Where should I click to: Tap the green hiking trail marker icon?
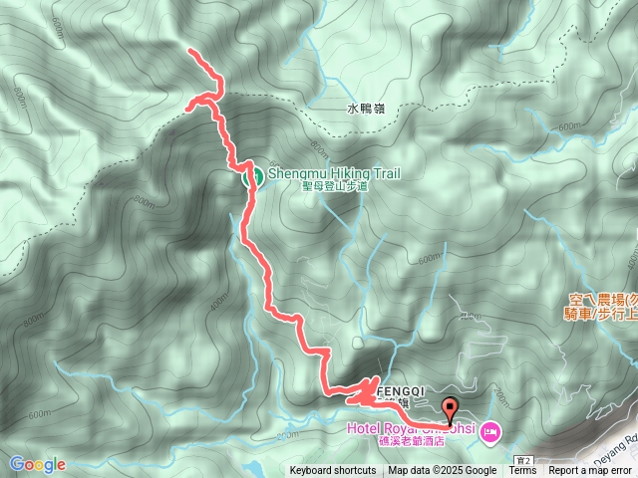[x=253, y=177]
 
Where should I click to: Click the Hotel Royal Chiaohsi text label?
[x=408, y=430]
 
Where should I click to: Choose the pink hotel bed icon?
[x=489, y=432]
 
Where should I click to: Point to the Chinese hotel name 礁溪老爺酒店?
[x=408, y=442]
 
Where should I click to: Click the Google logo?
[x=38, y=464]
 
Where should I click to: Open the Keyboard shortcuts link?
[x=333, y=471]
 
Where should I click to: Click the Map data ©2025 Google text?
[x=443, y=471]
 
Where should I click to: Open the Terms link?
[x=522, y=471]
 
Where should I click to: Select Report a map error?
[x=590, y=471]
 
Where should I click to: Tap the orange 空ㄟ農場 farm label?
[x=603, y=299]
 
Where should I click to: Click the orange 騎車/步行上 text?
[x=602, y=314]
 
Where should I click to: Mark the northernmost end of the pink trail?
[x=188, y=49]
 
